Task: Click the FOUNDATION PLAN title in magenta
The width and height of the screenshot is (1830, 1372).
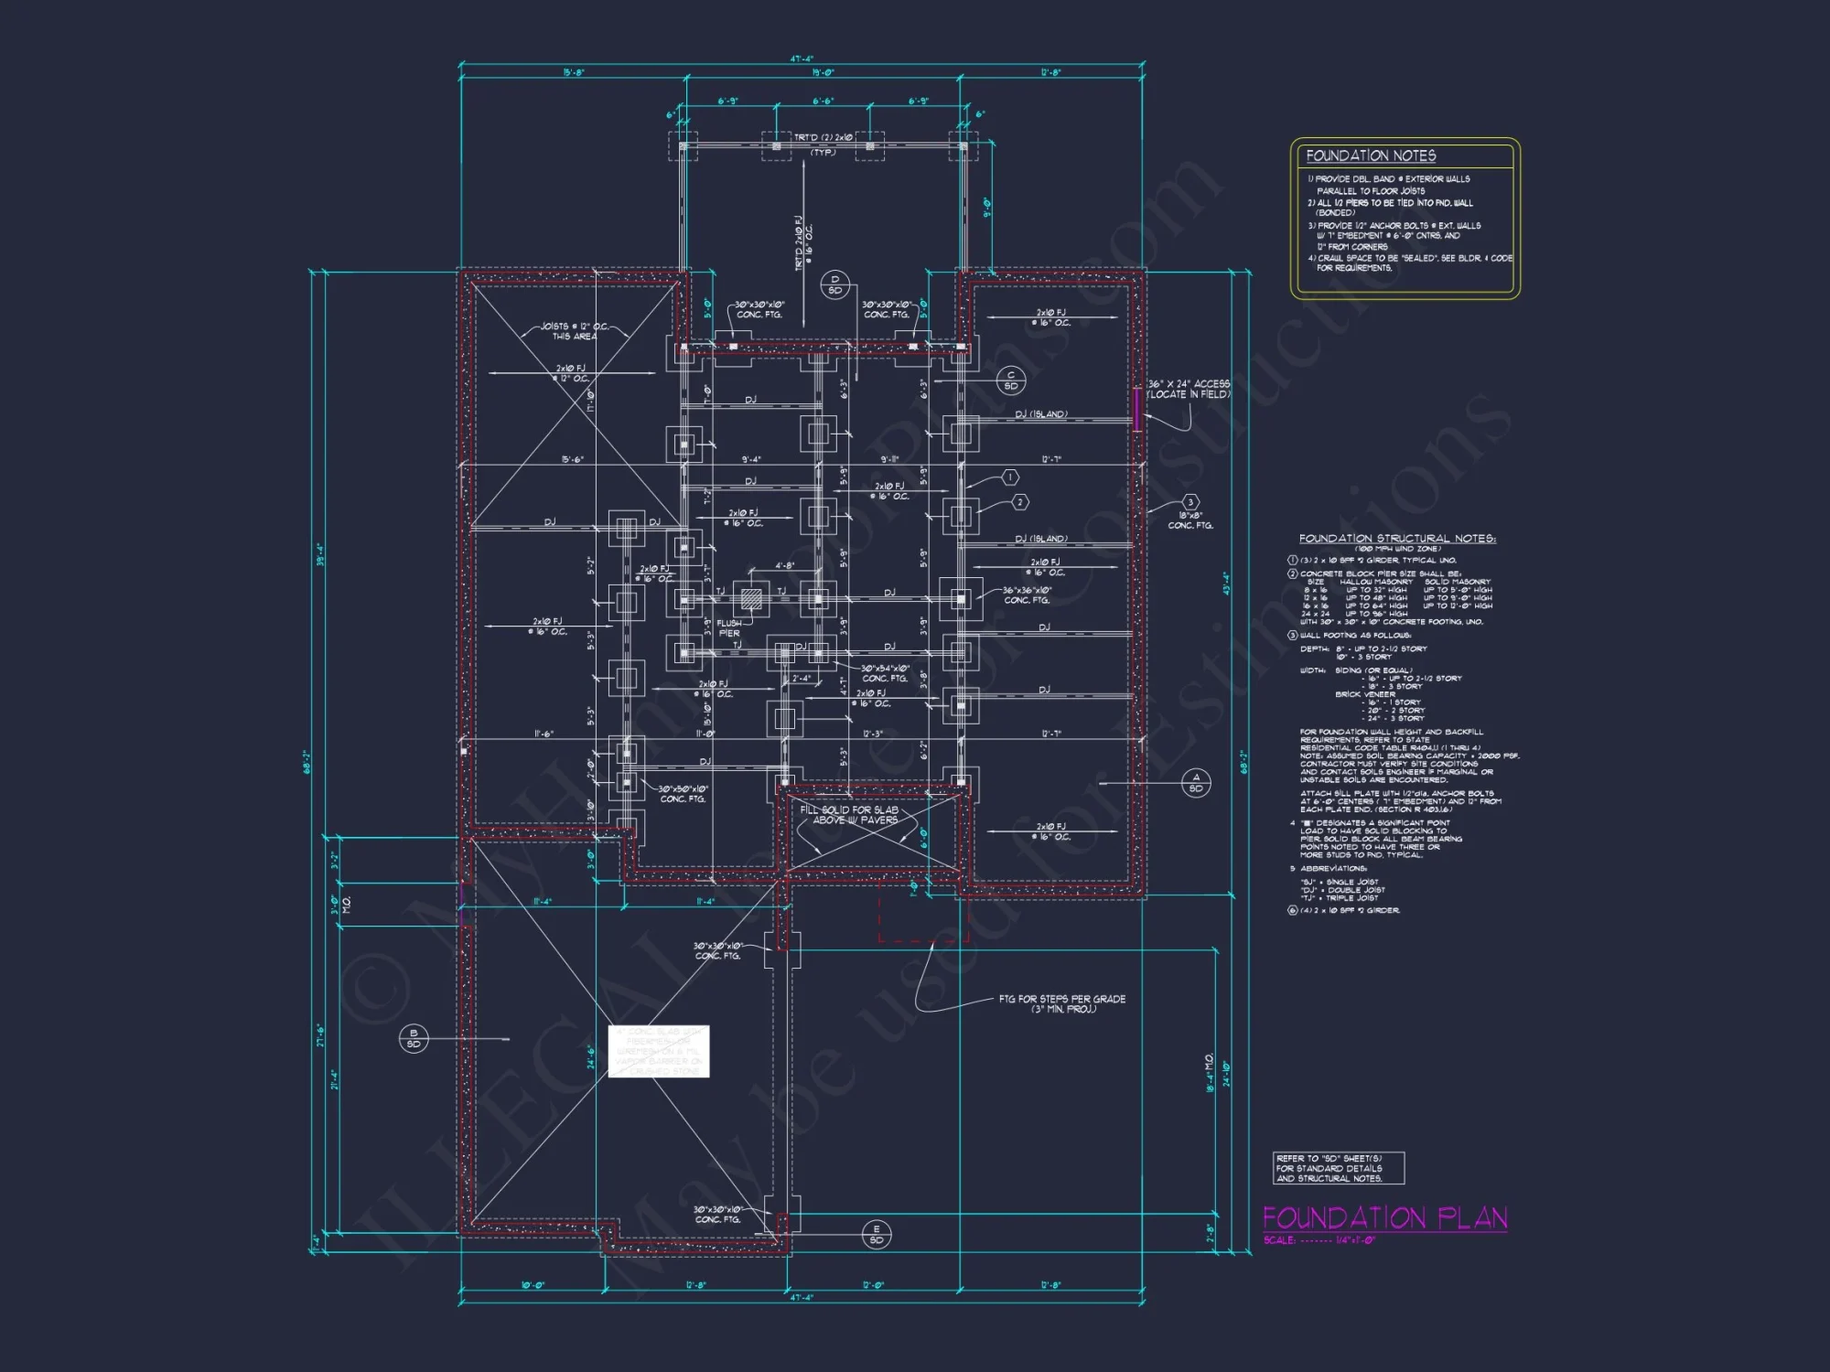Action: pos(1384,1217)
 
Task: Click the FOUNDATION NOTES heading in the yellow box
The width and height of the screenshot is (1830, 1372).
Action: pos(1370,156)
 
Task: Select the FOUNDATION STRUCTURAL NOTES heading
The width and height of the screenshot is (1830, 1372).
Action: pos(1396,539)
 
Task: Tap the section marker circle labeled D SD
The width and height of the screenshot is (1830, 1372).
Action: pos(834,285)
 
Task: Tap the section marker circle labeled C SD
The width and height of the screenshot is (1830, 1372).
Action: pos(1011,381)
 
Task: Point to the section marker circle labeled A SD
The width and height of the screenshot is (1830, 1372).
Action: pos(1196,783)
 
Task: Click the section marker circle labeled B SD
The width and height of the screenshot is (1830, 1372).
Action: pos(414,1038)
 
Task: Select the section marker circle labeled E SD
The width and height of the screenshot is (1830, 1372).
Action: pos(877,1235)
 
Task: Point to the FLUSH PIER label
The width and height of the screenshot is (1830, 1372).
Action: pos(729,628)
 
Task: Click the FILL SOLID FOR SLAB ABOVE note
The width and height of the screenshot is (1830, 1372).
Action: pos(849,815)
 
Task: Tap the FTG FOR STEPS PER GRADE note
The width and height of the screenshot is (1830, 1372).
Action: pos(1062,1003)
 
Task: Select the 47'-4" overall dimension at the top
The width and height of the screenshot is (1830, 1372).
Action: pos(802,59)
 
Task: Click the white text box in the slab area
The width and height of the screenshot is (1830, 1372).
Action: pos(659,1051)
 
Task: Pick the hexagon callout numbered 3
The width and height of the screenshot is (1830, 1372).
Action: pos(1190,502)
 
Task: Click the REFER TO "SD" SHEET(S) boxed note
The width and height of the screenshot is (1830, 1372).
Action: pos(1338,1168)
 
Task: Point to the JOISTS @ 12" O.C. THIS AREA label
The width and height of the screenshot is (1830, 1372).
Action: pos(574,331)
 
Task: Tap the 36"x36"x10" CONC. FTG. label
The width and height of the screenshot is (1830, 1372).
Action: pos(1027,595)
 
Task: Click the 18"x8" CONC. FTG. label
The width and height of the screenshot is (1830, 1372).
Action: pos(1190,520)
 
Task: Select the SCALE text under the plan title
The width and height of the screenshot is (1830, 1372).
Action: pos(1319,1240)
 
